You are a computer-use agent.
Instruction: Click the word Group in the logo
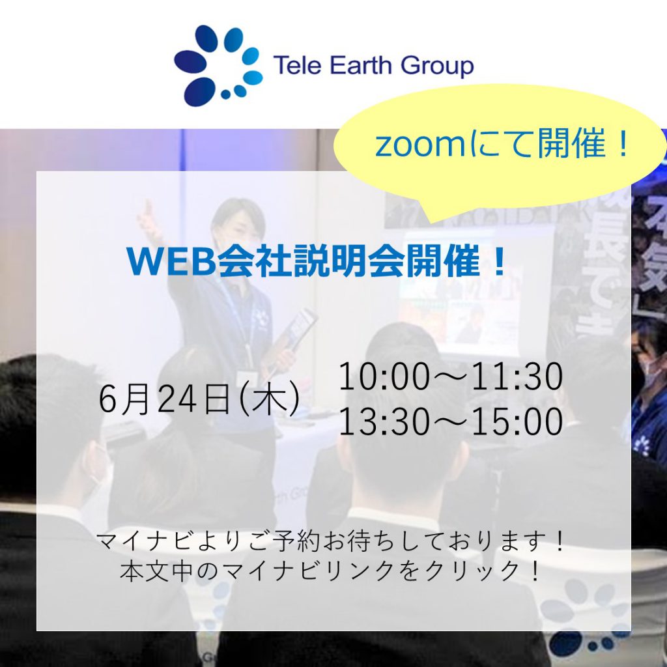click(x=437, y=66)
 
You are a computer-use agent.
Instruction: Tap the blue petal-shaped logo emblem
click(x=218, y=65)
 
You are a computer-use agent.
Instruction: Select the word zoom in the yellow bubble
click(x=421, y=145)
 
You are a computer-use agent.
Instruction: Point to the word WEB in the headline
click(x=170, y=261)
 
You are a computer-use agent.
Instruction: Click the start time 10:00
click(x=384, y=376)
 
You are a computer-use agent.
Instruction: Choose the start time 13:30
click(x=384, y=421)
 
